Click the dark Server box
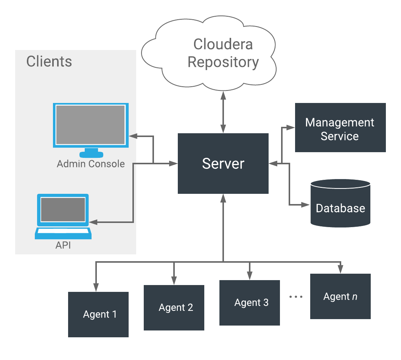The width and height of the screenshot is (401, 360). pos(223,164)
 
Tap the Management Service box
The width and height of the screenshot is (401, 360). pos(340,128)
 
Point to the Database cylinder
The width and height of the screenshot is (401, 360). pos(340,203)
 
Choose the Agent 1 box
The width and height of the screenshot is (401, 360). pos(98,314)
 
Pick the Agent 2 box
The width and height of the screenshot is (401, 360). pos(174,307)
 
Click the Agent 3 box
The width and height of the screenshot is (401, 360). pos(250,302)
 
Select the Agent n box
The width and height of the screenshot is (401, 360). pos(340,296)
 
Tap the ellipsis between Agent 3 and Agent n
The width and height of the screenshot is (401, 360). pos(296,297)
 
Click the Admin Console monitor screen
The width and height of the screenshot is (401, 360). pos(90,125)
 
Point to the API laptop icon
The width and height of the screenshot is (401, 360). pos(63,217)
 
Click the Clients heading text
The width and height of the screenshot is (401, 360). pos(49,61)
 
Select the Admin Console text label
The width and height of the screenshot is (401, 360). pos(90,164)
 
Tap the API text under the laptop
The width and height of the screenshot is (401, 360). pos(63,245)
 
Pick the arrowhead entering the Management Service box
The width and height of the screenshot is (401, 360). pos(291,128)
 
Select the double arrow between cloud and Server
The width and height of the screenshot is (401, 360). pos(223,114)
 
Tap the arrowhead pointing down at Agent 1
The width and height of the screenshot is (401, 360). pos(96,288)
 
